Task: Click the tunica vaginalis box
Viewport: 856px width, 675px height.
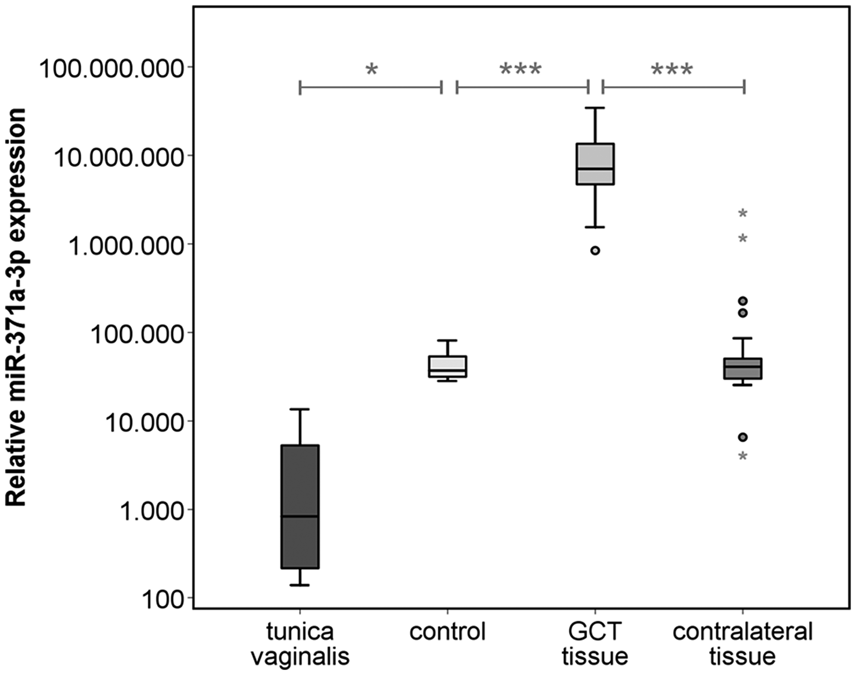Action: [x=300, y=506]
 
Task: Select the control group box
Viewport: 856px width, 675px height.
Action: [x=448, y=367]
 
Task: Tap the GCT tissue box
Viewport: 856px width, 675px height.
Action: [x=595, y=164]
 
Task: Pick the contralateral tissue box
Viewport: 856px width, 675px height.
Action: [x=743, y=368]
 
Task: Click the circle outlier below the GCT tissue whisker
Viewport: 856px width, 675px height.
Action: [x=595, y=251]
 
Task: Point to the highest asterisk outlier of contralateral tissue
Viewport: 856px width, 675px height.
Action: [x=743, y=213]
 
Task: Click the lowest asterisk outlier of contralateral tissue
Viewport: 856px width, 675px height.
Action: [x=743, y=456]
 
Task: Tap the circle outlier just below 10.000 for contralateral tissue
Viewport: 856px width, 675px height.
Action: [x=743, y=437]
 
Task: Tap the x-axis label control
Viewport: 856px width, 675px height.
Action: [x=448, y=631]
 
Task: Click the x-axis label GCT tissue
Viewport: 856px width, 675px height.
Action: [x=595, y=644]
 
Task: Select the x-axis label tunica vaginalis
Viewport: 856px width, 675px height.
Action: [x=300, y=644]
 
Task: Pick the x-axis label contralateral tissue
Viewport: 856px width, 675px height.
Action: [x=743, y=644]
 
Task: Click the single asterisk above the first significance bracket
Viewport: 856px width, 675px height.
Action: [x=372, y=70]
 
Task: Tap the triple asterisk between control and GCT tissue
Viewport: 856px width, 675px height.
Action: [x=521, y=70]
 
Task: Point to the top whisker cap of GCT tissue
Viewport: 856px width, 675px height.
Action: [x=595, y=108]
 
